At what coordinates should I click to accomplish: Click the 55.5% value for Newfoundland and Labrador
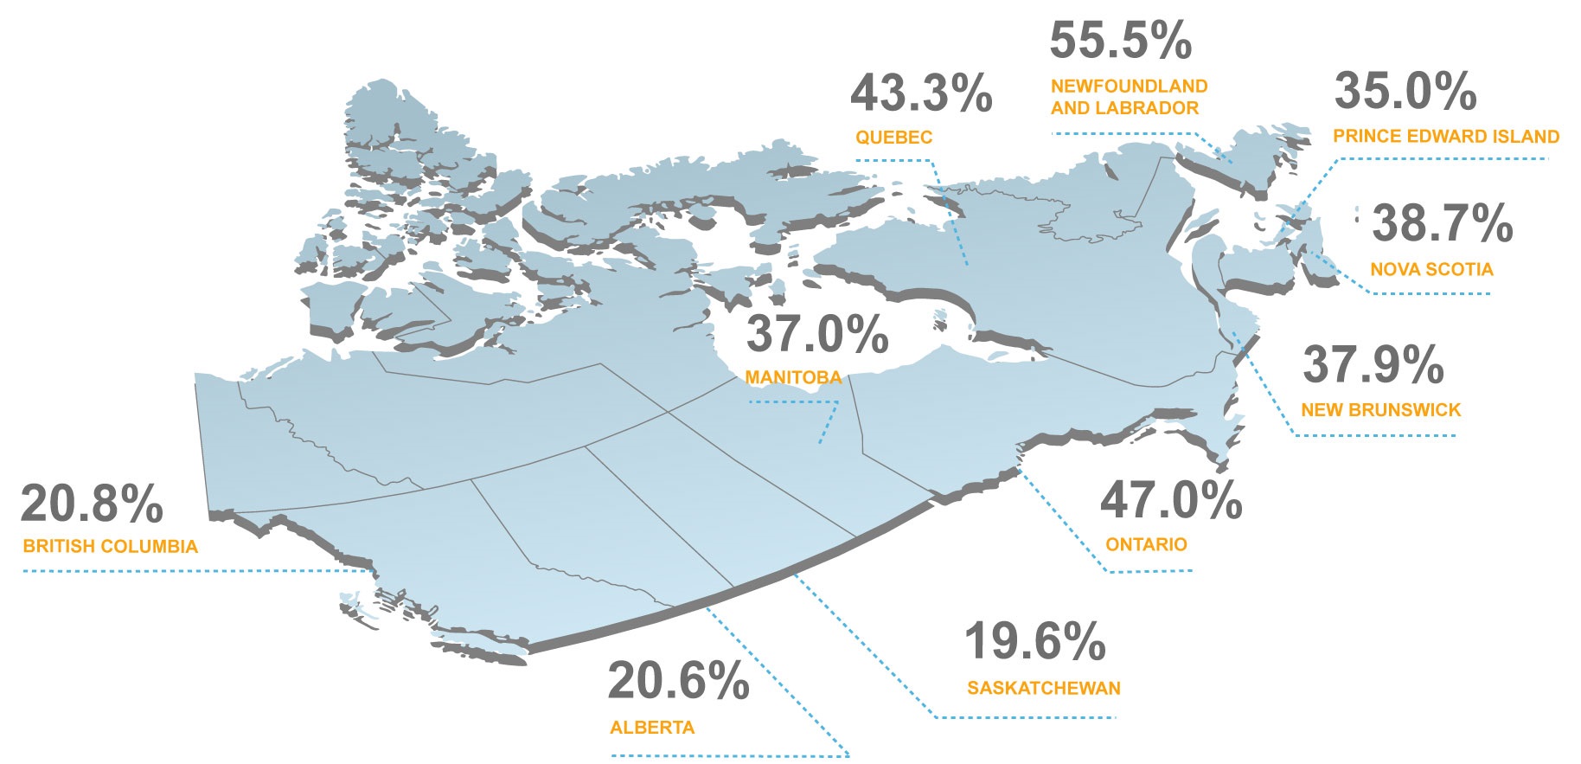[x=1120, y=41]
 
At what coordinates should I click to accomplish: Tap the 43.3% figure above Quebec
[x=921, y=93]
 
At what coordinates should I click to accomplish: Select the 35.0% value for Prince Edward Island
[x=1405, y=91]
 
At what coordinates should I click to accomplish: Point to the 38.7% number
[x=1442, y=223]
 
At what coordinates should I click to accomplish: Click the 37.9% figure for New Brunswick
[x=1373, y=364]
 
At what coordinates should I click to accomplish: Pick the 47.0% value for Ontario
[x=1171, y=500]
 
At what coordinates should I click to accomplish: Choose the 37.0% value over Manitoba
[x=817, y=334]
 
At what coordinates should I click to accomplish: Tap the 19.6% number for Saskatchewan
[x=1034, y=641]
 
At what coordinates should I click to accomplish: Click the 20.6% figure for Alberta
[x=678, y=681]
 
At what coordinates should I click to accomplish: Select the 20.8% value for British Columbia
[x=92, y=504]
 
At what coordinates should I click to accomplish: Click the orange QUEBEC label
[x=894, y=138]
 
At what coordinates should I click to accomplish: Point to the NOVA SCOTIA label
[x=1431, y=270]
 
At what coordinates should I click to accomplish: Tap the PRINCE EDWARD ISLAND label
[x=1445, y=137]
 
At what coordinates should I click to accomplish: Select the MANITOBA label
[x=793, y=377]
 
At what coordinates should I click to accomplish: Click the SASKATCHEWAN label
[x=1043, y=689]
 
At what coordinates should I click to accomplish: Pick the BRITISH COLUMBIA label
[x=111, y=547]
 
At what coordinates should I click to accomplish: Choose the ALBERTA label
[x=652, y=728]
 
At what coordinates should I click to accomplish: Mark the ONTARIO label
[x=1146, y=545]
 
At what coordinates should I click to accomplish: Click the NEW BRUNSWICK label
[x=1380, y=410]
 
